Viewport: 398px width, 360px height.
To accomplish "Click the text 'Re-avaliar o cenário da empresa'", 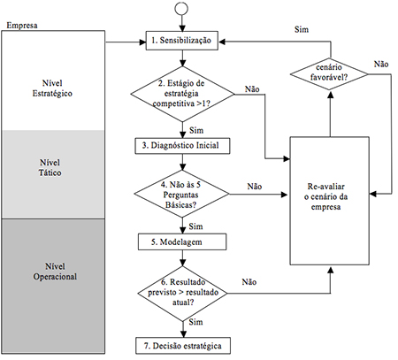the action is (326, 196).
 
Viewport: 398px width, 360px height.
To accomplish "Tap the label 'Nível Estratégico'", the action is (52, 88).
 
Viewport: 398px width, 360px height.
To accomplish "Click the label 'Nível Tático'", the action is (50, 167).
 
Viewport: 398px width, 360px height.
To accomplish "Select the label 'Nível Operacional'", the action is (55, 272).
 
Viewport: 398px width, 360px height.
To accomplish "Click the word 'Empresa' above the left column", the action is (22, 26).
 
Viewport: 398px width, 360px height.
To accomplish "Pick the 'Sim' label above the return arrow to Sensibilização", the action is (302, 29).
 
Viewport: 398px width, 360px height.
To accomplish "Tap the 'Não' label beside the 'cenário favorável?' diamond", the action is (381, 64).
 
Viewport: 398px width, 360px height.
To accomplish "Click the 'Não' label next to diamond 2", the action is (252, 89).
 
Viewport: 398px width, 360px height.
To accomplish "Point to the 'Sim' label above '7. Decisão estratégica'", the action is (195, 322).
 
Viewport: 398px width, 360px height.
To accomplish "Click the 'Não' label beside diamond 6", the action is (249, 282).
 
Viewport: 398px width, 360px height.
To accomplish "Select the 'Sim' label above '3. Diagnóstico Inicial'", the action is (196, 130).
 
